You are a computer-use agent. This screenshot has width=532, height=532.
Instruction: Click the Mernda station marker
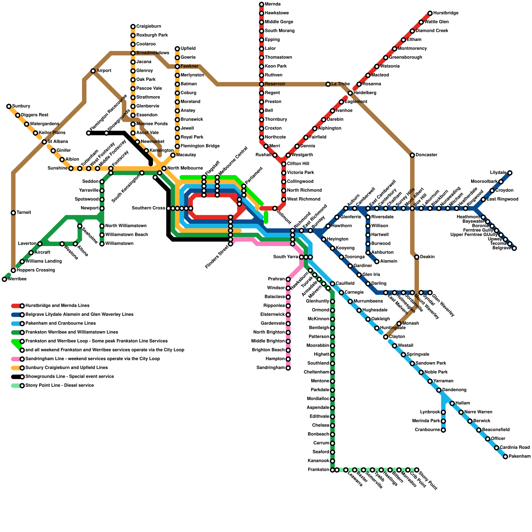261,4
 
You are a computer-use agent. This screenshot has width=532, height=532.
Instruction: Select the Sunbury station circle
9,106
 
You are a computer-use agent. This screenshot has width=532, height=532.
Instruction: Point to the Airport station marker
93,71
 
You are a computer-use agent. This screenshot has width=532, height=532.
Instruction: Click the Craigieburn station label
148,27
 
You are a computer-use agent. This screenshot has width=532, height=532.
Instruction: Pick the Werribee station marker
4,279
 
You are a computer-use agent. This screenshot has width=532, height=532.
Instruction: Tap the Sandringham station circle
288,368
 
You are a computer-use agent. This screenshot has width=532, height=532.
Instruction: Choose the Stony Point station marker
417,470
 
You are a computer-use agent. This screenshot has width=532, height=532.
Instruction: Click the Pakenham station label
519,457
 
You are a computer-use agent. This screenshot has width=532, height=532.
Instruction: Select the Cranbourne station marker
443,430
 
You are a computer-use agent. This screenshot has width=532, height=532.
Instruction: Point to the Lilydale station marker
510,173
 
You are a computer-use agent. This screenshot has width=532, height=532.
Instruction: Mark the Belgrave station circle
514,248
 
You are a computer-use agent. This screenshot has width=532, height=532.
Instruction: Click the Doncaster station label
426,155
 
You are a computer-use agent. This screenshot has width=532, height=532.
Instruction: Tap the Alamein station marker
377,261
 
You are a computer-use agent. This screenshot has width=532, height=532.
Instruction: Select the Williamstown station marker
102,244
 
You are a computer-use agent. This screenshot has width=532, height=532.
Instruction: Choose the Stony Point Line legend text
60,386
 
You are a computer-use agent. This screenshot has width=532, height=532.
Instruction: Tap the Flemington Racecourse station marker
88,133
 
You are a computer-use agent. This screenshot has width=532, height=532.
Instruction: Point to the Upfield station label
188,49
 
